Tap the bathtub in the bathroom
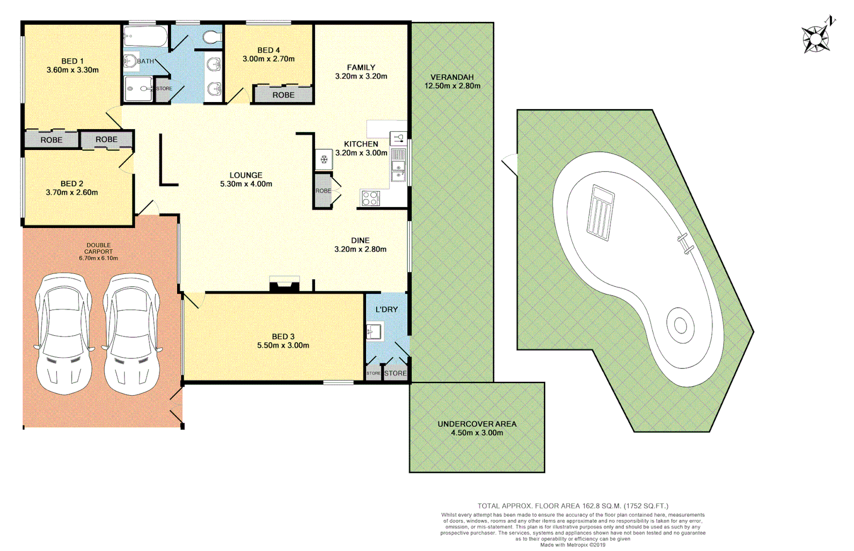tap(145, 36)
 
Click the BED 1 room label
tap(72, 61)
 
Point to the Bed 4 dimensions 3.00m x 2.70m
tap(269, 59)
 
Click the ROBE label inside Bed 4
tap(283, 95)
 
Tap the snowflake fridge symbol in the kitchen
tap(324, 160)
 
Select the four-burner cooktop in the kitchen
tap(371, 198)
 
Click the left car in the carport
tap(64, 334)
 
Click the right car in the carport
tap(132, 334)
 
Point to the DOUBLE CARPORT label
tap(99, 248)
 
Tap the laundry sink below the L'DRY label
tap(374, 332)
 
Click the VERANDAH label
tap(452, 77)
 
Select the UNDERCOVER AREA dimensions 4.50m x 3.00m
tap(477, 433)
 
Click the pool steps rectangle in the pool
tap(600, 213)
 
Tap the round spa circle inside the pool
tap(680, 324)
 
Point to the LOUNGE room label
tap(246, 175)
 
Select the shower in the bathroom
tap(138, 89)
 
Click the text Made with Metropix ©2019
tap(573, 545)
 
